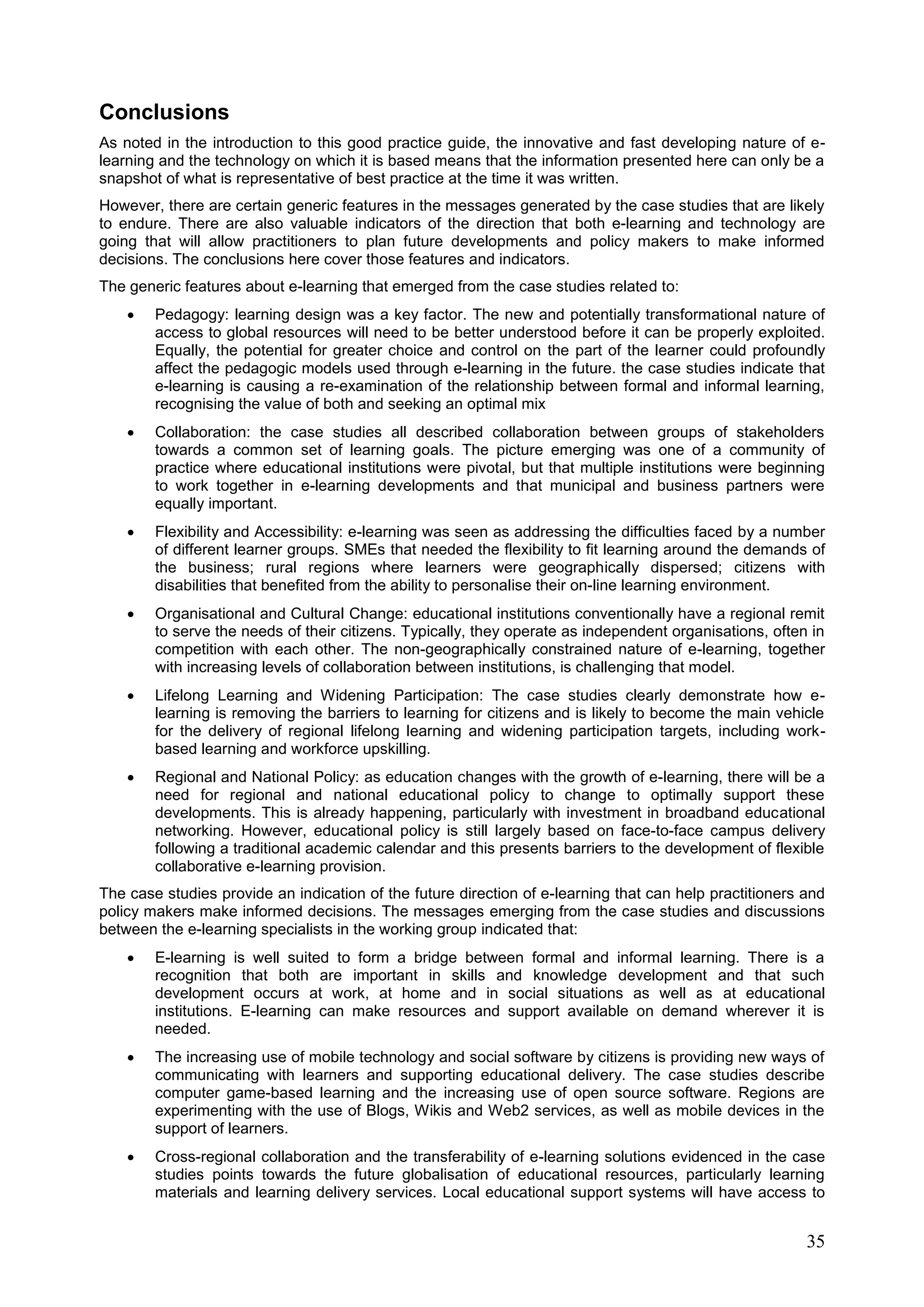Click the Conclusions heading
coord(164,112)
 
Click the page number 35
coord(815,1242)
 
